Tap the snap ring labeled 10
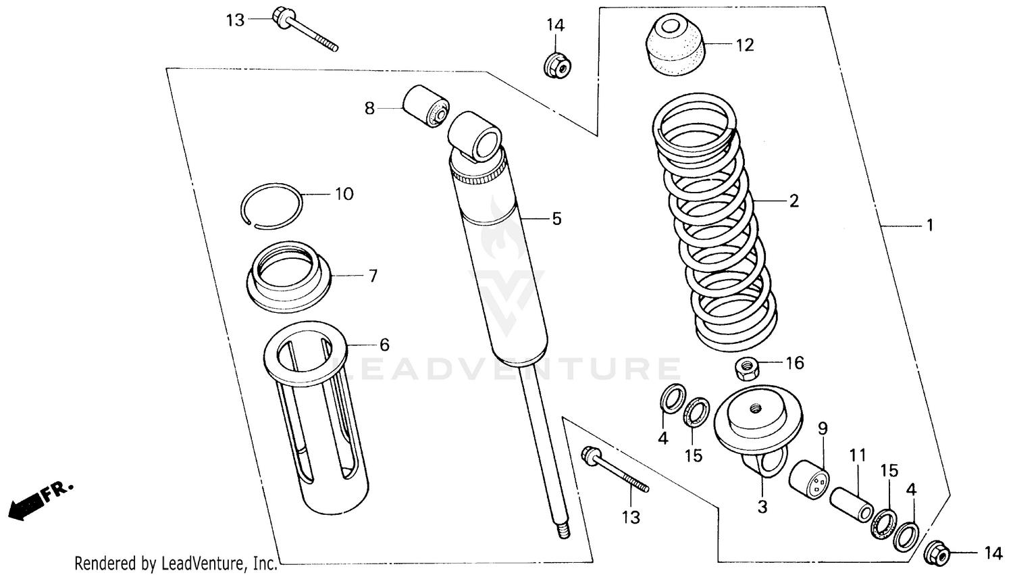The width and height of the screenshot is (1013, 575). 272,202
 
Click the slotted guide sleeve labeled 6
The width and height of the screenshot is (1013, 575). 317,419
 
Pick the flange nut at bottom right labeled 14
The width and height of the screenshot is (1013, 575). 937,553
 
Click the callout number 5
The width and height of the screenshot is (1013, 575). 556,219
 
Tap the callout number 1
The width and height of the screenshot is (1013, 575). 929,225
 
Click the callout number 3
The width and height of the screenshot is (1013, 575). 762,507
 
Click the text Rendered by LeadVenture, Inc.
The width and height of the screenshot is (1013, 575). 176,563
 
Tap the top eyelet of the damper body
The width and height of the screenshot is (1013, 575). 478,139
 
